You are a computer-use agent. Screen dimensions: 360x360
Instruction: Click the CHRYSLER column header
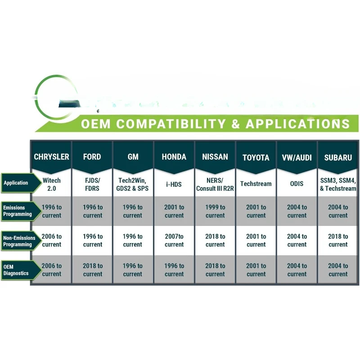coord(51,157)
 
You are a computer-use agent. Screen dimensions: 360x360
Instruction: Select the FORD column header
coord(92,157)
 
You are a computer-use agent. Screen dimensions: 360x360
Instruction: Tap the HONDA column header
coord(174,157)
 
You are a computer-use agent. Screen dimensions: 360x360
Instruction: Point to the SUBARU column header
coord(338,157)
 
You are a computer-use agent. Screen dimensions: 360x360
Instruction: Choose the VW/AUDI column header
coord(297,157)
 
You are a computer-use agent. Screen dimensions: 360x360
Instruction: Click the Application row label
coord(17,183)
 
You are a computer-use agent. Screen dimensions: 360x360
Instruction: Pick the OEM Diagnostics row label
coord(17,270)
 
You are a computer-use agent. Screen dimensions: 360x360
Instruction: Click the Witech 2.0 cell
coord(51,184)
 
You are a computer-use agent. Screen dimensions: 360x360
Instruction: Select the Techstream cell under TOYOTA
coord(256,184)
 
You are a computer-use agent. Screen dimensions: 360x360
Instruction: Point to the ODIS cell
coord(297,184)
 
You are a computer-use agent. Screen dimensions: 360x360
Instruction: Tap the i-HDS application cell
coord(174,184)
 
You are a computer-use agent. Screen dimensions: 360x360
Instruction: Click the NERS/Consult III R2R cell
coord(215,184)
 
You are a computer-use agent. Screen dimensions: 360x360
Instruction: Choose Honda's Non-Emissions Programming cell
coord(174,240)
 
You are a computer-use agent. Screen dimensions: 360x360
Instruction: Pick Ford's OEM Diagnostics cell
coord(92,270)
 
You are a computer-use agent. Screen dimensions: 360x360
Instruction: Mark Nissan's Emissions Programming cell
coord(215,211)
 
